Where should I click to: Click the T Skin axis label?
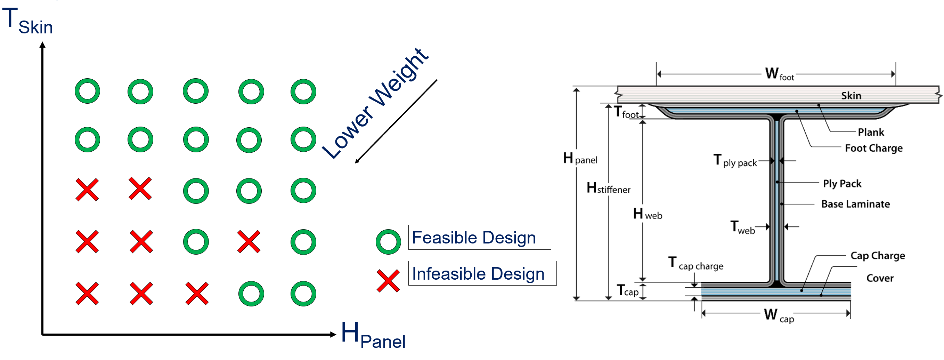coord(27,21)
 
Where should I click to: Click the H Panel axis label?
coord(373,335)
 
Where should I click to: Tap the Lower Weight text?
coord(375,104)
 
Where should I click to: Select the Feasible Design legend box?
coord(479,237)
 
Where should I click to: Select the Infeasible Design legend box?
coord(482,273)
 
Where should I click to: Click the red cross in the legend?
coord(388,281)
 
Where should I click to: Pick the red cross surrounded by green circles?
coord(249,242)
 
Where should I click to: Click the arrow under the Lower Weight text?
coord(396,121)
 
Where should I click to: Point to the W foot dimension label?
coord(780,74)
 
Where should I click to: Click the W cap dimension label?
coord(779,315)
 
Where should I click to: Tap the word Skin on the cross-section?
coord(851,96)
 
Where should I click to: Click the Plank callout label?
coord(871,132)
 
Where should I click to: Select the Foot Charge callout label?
coord(874,148)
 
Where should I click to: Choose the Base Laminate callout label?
coord(855,204)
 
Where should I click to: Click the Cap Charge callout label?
coord(878,256)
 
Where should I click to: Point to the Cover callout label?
coord(880,278)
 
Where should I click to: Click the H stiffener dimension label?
coord(608,188)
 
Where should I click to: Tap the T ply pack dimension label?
coord(735,161)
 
